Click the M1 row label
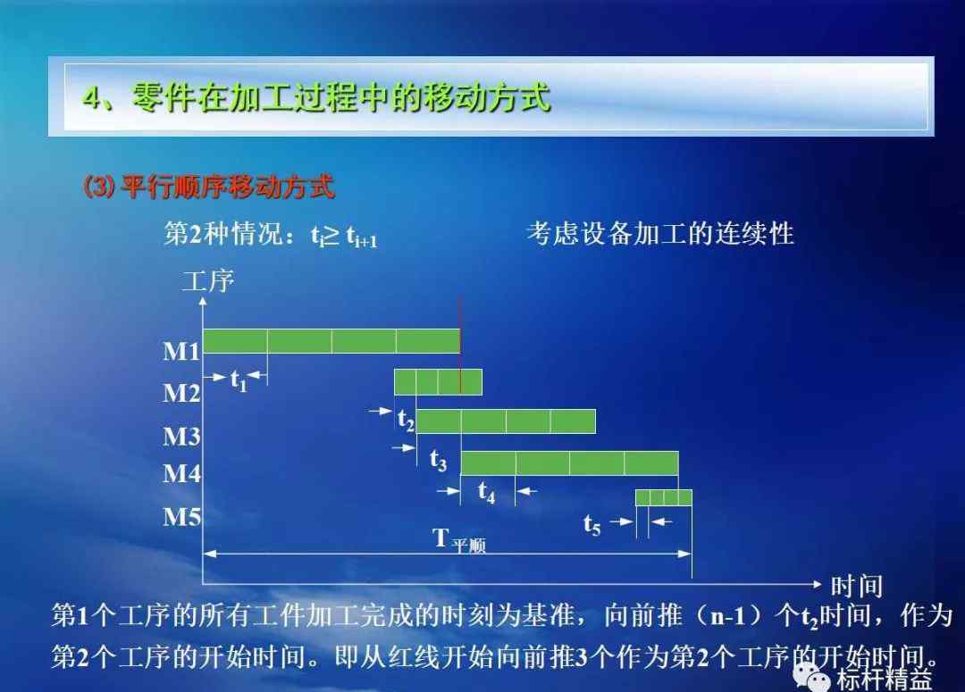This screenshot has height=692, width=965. click(181, 351)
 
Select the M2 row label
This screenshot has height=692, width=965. click(181, 393)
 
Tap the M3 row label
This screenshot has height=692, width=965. click(181, 436)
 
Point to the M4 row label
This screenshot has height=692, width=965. click(181, 473)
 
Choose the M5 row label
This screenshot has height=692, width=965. click(181, 517)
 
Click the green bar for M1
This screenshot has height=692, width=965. click(331, 341)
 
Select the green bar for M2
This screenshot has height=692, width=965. click(438, 382)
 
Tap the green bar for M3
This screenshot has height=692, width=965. click(506, 421)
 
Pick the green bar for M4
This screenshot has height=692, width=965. click(570, 463)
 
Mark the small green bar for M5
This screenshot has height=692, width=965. click(664, 497)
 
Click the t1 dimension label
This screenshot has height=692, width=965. click(239, 381)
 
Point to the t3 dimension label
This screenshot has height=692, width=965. click(438, 460)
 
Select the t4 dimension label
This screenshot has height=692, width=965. click(486, 492)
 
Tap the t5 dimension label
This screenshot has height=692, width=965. click(592, 525)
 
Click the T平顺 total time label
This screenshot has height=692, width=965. click(459, 540)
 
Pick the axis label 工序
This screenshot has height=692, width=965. click(208, 282)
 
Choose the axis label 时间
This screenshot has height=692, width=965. click(857, 586)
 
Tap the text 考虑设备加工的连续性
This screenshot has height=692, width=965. click(660, 234)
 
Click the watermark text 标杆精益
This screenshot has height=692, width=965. click(885, 680)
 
